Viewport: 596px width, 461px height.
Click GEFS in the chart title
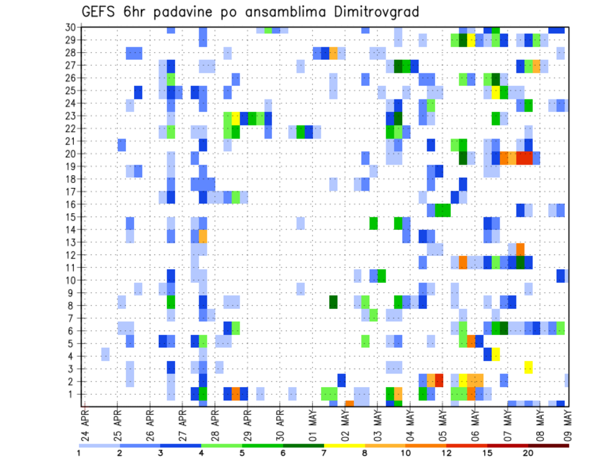click(101, 12)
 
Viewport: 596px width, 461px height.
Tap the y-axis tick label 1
click(73, 394)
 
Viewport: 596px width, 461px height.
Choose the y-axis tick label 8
click(73, 305)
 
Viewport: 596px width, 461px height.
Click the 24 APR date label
click(85, 422)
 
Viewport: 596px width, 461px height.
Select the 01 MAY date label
click(312, 422)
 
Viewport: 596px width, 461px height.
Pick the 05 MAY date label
click(441, 422)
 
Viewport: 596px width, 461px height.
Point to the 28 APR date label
click(215, 422)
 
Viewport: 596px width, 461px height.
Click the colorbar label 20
click(528, 453)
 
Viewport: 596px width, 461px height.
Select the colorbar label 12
click(446, 453)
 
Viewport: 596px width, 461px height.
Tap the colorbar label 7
click(324, 453)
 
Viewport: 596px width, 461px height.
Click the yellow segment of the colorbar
click(344, 445)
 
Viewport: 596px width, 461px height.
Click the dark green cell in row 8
click(333, 302)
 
